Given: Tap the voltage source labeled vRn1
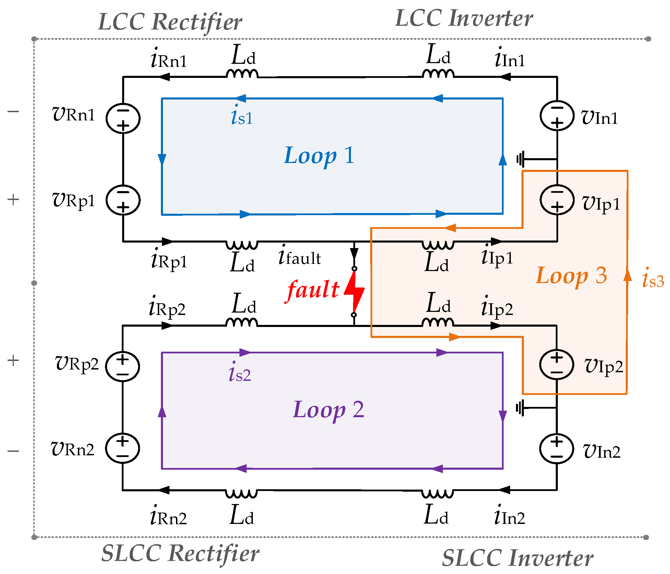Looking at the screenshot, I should pos(123,118).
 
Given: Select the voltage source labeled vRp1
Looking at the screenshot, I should pos(123,200).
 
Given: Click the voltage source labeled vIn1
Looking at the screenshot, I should pos(557,116).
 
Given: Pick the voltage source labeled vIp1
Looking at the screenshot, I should pos(557,200).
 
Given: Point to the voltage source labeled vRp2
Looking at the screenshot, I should pos(122,366).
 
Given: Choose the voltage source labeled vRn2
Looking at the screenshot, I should pos(122,448).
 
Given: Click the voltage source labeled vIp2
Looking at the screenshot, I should pos(556,364).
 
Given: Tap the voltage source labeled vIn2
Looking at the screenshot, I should pos(556,449).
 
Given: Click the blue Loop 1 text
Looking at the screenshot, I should pos(319,156).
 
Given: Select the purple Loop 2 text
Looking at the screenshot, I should pos(328,410).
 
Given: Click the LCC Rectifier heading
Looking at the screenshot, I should pos(170,22).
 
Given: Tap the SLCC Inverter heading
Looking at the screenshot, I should pos(517,558).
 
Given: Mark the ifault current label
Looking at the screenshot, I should pos(299,256).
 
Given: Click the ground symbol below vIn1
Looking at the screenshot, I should pos(521,159).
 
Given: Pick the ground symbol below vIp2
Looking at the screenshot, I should pos(520,408).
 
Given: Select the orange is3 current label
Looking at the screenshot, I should pos(653,278).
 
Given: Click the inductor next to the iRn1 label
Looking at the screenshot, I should pos(242,73).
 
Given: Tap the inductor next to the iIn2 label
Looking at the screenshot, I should pos(437,494).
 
